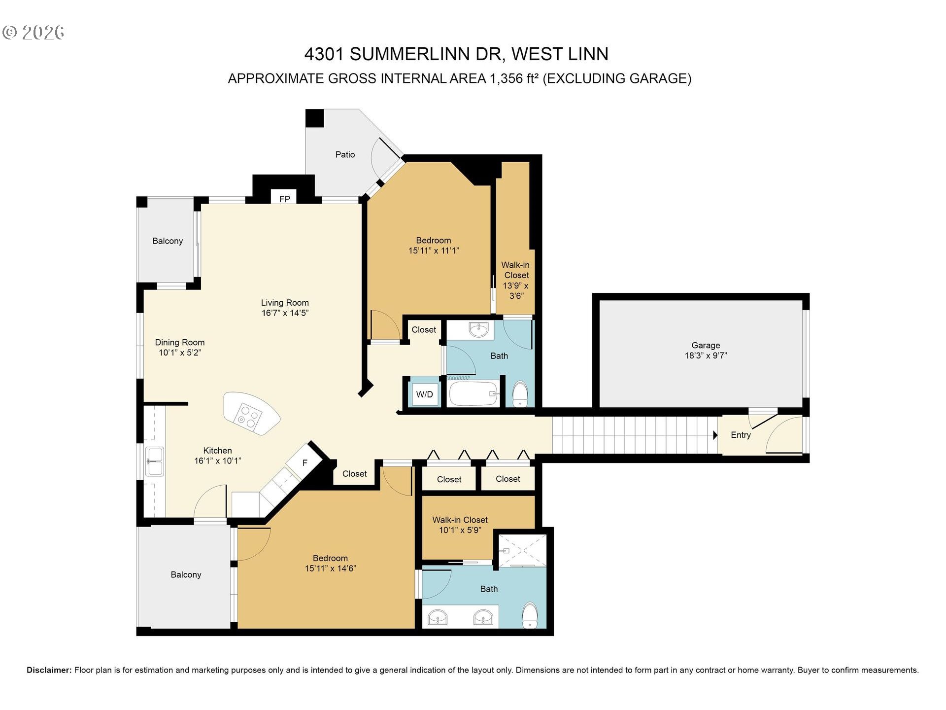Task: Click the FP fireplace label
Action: (x=284, y=199)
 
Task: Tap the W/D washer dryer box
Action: (x=424, y=394)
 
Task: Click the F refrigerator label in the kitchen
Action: (x=304, y=462)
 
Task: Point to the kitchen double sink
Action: (x=155, y=461)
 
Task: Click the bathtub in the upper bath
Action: (x=473, y=393)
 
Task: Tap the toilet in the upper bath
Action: (x=520, y=394)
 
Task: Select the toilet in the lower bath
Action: (x=530, y=614)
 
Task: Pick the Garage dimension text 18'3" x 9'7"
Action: (x=706, y=355)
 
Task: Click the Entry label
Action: (x=741, y=435)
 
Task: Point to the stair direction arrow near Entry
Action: (x=715, y=435)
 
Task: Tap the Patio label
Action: (x=345, y=155)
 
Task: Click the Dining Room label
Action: (x=179, y=342)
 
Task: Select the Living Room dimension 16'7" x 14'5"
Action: (x=285, y=313)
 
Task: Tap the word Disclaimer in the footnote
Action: (x=49, y=670)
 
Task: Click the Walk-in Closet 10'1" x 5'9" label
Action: (x=460, y=525)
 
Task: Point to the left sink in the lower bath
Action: (x=438, y=617)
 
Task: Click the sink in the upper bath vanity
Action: (x=478, y=329)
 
